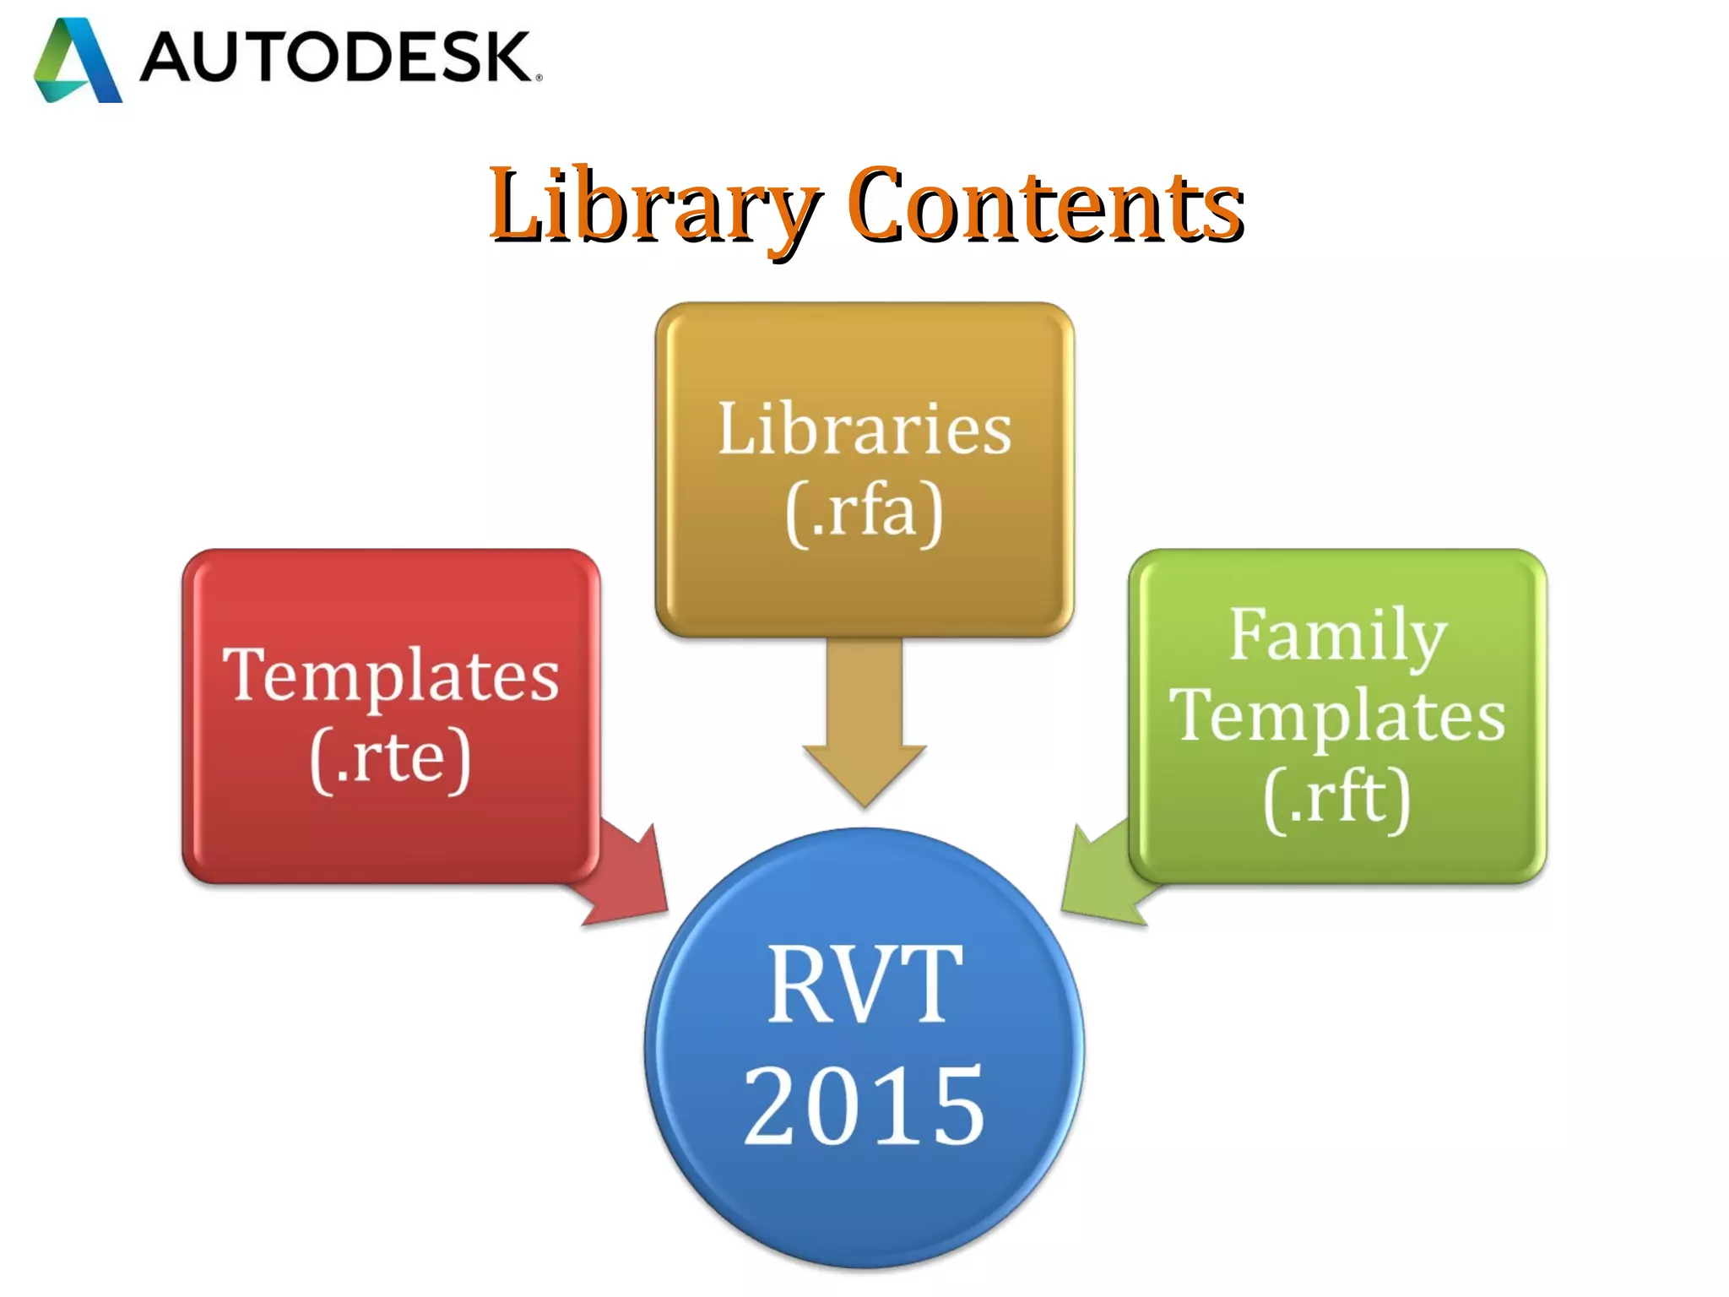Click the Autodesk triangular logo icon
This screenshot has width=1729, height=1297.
pyautogui.click(x=77, y=61)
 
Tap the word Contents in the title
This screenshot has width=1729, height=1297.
pyautogui.click(x=1045, y=204)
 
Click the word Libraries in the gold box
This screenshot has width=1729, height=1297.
pyautogui.click(x=864, y=429)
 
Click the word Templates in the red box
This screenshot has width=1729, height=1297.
pyautogui.click(x=391, y=675)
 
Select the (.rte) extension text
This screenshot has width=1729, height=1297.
pyautogui.click(x=390, y=757)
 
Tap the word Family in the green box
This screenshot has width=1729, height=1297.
pyautogui.click(x=1337, y=635)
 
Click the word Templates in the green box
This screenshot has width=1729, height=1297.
pyautogui.click(x=1337, y=716)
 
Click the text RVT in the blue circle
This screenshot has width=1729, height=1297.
pyautogui.click(x=864, y=984)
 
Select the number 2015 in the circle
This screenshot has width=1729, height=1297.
pyautogui.click(x=864, y=1106)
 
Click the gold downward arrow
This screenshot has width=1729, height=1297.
pyautogui.click(x=864, y=726)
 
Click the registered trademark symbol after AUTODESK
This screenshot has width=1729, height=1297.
pyautogui.click(x=539, y=78)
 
